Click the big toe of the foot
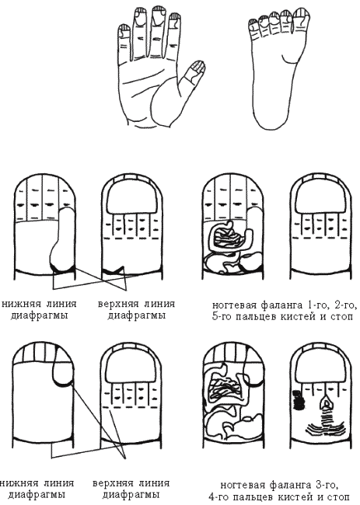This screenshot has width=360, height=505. click(302, 23)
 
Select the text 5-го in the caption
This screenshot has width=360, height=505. click(222, 316)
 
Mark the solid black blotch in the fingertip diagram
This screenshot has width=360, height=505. click(299, 399)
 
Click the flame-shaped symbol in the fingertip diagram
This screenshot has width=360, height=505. click(328, 403)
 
